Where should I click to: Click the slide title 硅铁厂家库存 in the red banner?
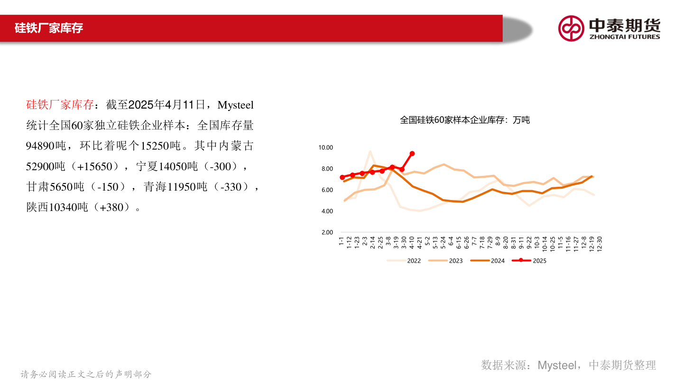tap(49, 28)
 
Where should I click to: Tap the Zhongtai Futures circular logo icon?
tap(571, 28)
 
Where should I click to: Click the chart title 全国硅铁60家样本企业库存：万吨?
tap(465, 120)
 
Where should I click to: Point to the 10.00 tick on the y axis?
tap(325, 148)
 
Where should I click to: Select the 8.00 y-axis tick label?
tap(327, 169)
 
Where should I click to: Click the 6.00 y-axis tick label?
tap(327, 190)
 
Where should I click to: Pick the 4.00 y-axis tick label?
tap(327, 211)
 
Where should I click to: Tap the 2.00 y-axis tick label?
tap(327, 232)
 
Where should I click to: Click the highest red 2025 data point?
tap(412, 154)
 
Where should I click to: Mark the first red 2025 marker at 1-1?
tap(342, 177)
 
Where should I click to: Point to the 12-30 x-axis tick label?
tap(600, 243)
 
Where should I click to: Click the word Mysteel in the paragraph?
tap(236, 105)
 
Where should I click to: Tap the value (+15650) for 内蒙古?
tap(97, 166)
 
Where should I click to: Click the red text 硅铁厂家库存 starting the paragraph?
tap(60, 105)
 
